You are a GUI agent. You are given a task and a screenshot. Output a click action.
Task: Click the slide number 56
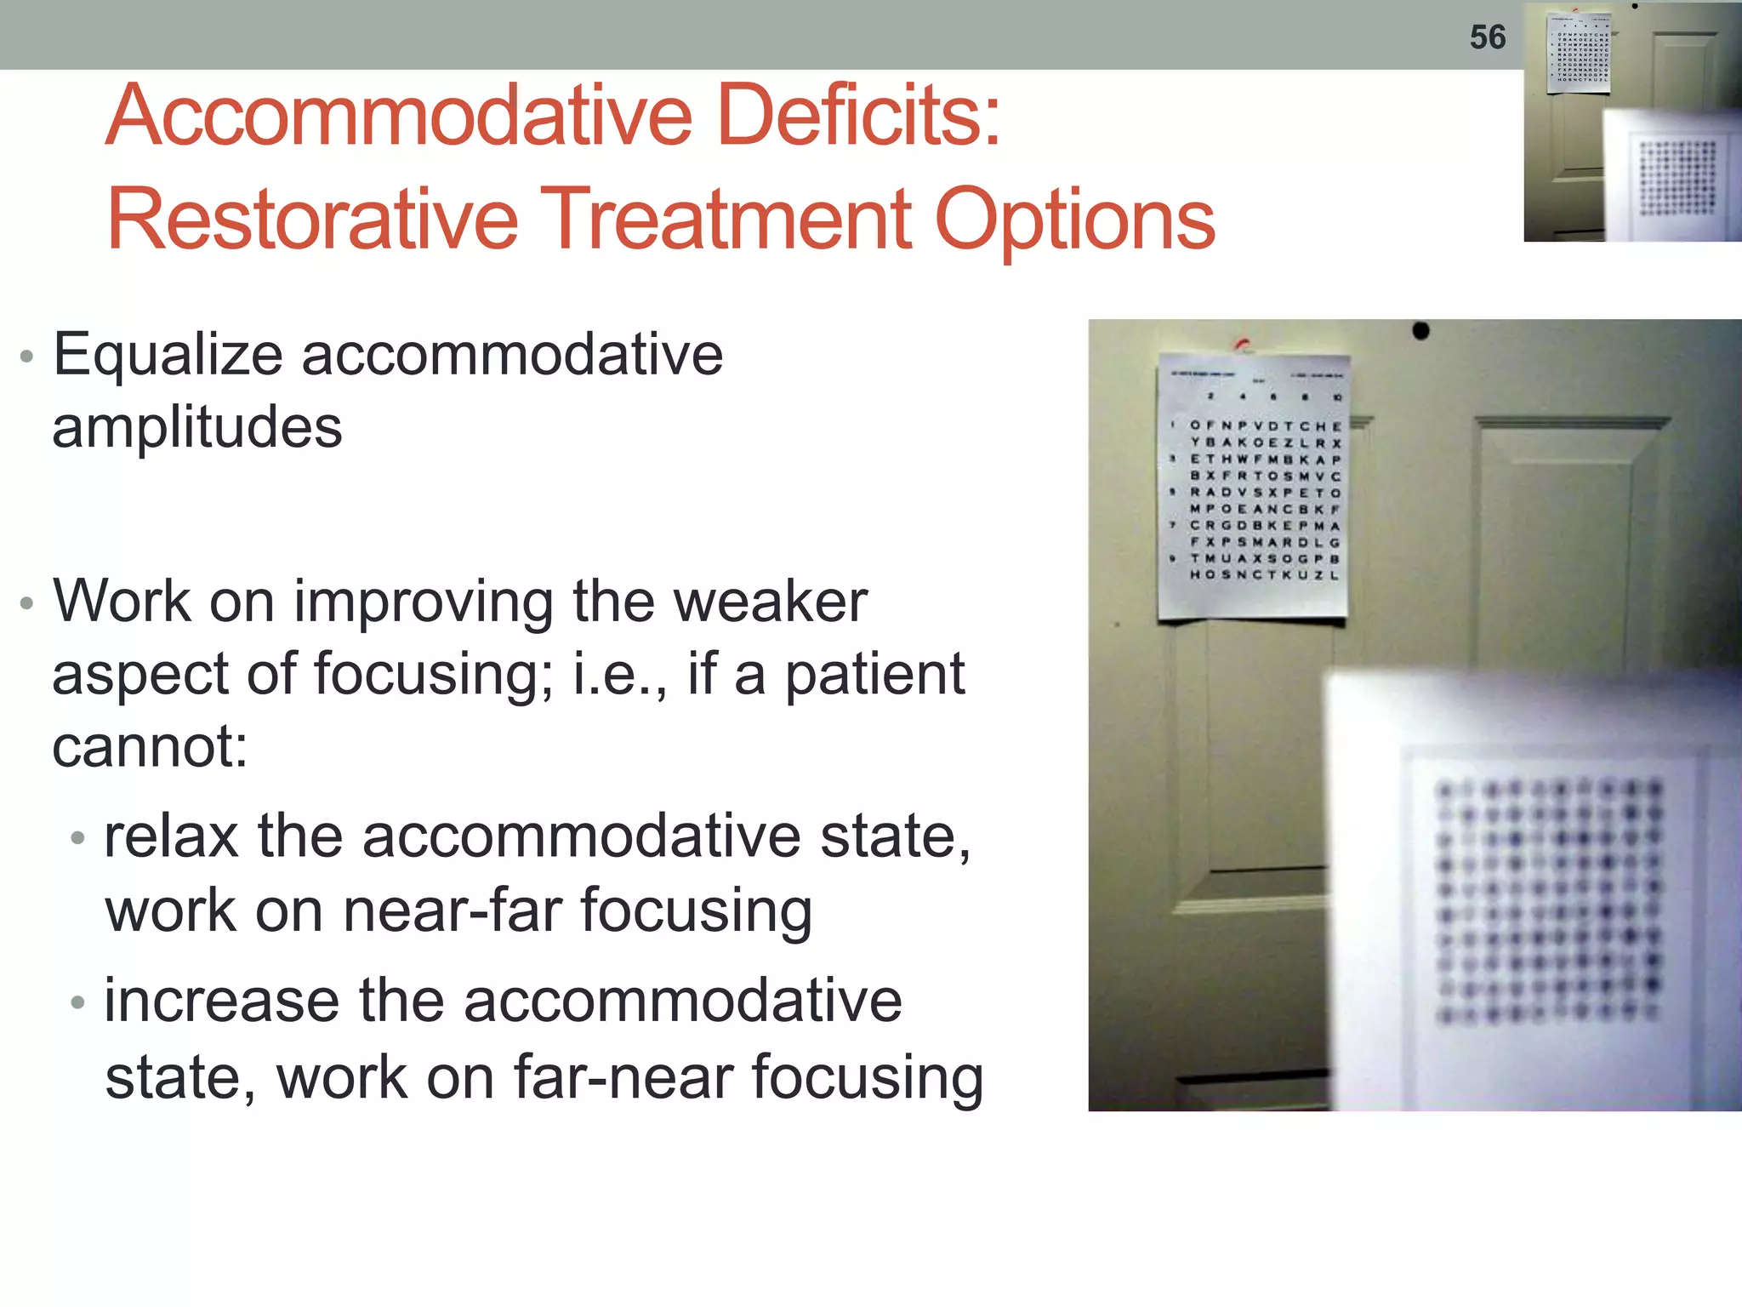pos(1487,37)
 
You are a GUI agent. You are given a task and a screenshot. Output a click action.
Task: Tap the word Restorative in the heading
pos(312,220)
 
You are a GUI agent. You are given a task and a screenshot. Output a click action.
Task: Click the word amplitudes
pos(196,427)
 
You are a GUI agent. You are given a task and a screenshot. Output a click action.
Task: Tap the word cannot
pos(149,747)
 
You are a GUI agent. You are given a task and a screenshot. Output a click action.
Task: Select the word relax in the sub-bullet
pos(170,836)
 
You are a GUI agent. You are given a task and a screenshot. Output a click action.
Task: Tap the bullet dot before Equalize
pos(26,357)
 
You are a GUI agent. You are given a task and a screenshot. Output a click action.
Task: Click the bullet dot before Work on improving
pos(26,603)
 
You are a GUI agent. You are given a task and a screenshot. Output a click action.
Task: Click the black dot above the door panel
pos(1420,330)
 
